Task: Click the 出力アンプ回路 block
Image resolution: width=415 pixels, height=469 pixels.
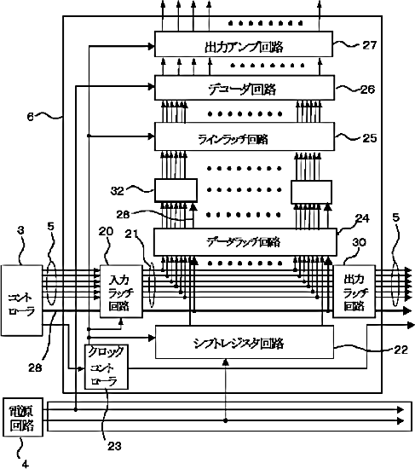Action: pyautogui.click(x=244, y=44)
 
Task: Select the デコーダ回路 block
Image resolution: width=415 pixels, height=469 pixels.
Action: pyautogui.click(x=245, y=88)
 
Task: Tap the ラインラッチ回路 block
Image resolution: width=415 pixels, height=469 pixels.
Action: pyautogui.click(x=245, y=136)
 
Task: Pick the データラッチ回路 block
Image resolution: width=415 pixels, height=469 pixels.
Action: pyautogui.click(x=245, y=242)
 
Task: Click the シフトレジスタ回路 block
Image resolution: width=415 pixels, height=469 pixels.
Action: pyautogui.click(x=245, y=342)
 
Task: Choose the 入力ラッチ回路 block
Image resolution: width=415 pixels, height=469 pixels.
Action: pyautogui.click(x=121, y=292)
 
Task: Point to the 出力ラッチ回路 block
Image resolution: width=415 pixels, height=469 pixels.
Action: pyautogui.click(x=354, y=292)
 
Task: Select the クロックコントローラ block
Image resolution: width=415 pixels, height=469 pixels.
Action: pyautogui.click(x=107, y=367)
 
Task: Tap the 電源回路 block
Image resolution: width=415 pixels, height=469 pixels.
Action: pyautogui.click(x=23, y=417)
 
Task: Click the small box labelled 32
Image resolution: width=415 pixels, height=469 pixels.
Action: pyautogui.click(x=176, y=190)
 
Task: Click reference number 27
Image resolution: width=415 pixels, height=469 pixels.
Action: pyautogui.click(x=369, y=45)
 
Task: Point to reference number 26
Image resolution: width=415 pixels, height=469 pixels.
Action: pyautogui.click(x=367, y=90)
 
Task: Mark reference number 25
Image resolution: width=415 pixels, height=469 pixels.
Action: pyautogui.click(x=369, y=138)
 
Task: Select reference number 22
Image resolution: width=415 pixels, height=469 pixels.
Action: pyautogui.click(x=401, y=350)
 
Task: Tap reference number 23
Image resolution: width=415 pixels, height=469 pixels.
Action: pyautogui.click(x=114, y=446)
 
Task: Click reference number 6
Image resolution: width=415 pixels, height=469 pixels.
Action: pyautogui.click(x=30, y=116)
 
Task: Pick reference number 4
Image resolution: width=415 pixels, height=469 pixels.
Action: pyautogui.click(x=26, y=464)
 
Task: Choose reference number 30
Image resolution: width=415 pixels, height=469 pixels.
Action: pyautogui.click(x=359, y=242)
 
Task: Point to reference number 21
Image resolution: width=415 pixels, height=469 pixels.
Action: pyautogui.click(x=130, y=234)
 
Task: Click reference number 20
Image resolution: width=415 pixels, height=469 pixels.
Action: pyautogui.click(x=107, y=231)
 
